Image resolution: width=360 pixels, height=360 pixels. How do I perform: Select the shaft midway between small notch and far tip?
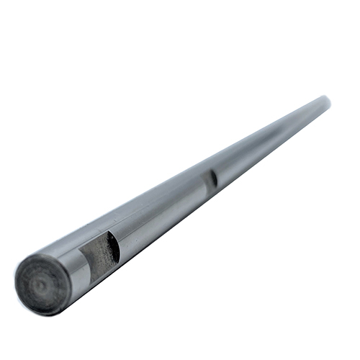pos(270,140)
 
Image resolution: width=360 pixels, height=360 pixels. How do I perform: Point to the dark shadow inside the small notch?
pos(213,179)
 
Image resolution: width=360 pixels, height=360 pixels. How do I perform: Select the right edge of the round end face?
pos(71,285)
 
